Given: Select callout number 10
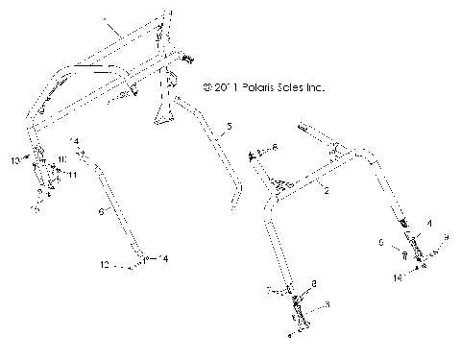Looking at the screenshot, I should tap(62, 158).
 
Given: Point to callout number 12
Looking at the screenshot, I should tap(105, 262).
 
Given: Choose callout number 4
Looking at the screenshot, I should tap(429, 223).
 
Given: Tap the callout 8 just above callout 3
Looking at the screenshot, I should tap(312, 284).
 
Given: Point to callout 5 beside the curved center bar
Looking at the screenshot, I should tap(229, 126).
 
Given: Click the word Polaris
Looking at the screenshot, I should tap(253, 85).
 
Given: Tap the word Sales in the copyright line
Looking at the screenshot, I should tap(291, 85).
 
